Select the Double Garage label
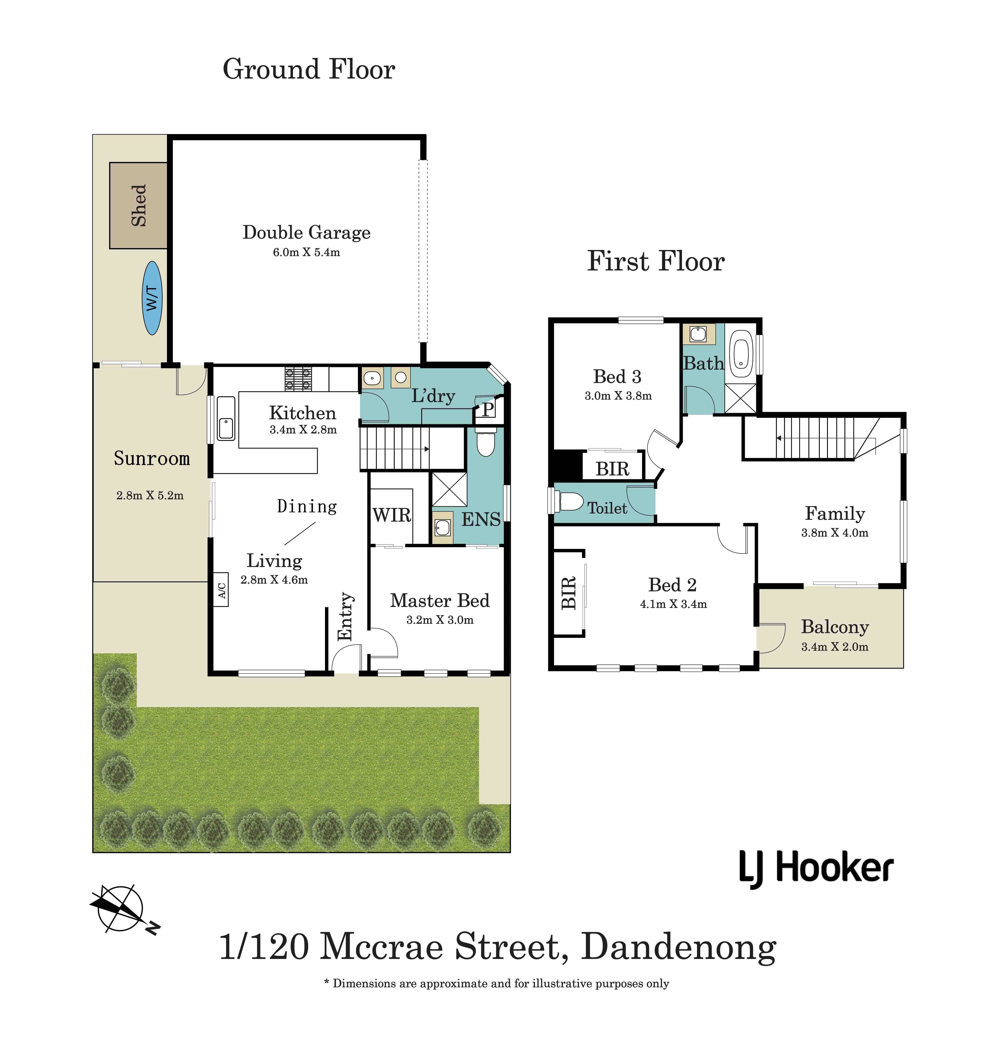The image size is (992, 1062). (x=307, y=232)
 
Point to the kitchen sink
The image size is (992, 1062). (x=226, y=418)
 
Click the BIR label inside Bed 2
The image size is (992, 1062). (x=569, y=593)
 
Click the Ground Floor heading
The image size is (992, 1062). (x=309, y=70)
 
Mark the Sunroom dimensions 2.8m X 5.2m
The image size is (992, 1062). (x=150, y=496)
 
